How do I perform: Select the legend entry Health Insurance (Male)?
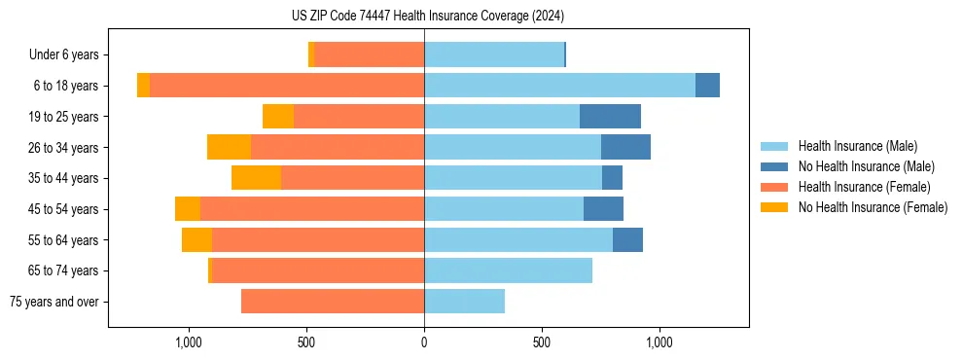point(856,146)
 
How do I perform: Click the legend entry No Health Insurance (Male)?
point(866,166)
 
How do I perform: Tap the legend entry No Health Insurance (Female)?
point(873,207)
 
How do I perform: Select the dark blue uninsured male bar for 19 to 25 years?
point(610,117)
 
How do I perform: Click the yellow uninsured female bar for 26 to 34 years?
point(229,147)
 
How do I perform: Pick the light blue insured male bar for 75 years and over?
point(464,302)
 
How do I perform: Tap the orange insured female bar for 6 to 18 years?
point(287,86)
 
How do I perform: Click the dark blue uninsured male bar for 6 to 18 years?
point(707,86)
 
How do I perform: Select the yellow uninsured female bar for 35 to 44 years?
point(256,178)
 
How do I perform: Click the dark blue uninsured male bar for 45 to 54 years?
point(603,209)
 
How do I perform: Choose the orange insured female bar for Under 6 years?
point(370,55)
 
